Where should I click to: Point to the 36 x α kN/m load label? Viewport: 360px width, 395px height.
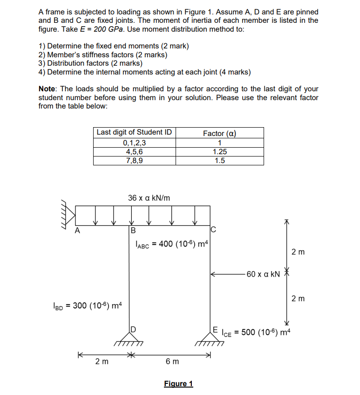[x=149, y=198]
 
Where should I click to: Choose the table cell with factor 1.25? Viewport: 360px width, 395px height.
[x=220, y=152]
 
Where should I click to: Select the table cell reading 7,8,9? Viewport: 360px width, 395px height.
[x=134, y=160]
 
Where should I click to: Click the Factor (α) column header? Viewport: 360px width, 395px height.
[x=220, y=133]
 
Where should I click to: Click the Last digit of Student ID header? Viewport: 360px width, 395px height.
[x=134, y=132]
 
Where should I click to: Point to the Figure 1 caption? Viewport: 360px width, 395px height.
[x=178, y=383]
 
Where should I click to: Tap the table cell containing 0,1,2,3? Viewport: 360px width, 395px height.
[x=134, y=143]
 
